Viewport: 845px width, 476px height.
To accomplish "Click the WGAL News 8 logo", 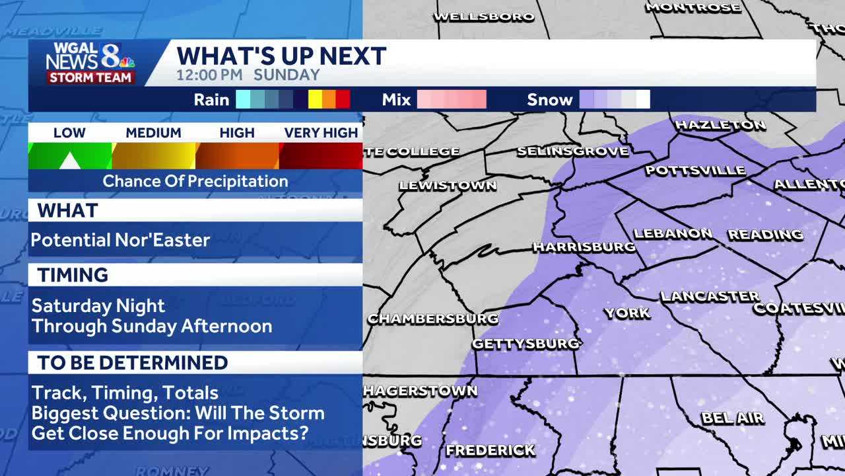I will (90, 63).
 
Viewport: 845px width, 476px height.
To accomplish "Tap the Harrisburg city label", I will (584, 247).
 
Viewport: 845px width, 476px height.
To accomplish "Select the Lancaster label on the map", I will (710, 296).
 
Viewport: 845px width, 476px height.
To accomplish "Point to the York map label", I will (627, 313).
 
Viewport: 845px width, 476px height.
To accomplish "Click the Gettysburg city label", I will (525, 344).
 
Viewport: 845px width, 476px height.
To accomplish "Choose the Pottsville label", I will (695, 171).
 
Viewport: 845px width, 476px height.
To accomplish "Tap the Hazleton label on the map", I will (720, 124).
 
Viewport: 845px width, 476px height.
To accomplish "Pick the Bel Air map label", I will (732, 418).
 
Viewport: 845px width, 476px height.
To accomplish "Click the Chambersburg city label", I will (432, 319).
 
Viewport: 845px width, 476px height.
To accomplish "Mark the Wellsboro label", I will (483, 17).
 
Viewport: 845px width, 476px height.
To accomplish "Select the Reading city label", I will (765, 234).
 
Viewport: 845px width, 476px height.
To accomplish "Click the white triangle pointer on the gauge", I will (69, 161).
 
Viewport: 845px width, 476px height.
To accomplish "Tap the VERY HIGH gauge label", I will (321, 133).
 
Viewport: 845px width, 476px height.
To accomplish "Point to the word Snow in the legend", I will (549, 100).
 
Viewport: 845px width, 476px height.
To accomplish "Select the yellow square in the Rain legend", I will (315, 100).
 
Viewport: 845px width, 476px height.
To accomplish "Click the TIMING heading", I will (73, 275).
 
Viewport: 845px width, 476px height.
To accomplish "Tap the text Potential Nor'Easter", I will (120, 240).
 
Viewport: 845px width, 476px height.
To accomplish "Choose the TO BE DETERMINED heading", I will (132, 362).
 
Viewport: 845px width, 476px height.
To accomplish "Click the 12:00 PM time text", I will (209, 75).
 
